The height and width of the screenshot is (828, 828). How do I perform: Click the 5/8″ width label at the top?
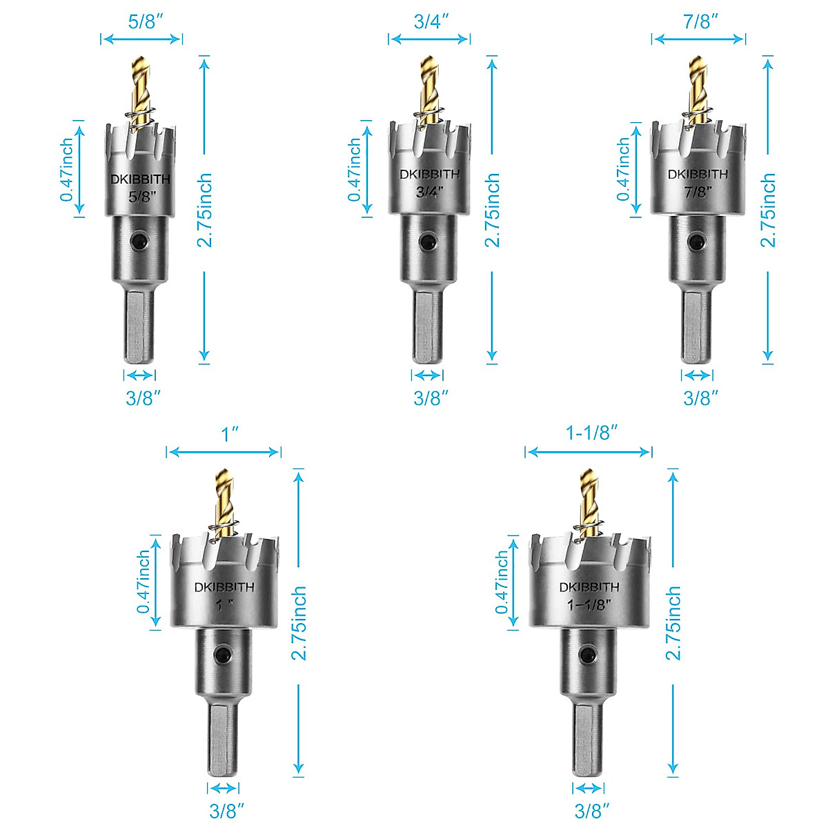[145, 21]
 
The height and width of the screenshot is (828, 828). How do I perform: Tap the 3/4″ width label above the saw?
[431, 21]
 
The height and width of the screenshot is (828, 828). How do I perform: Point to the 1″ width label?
[229, 434]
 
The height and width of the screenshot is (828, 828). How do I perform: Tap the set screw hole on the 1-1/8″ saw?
[588, 655]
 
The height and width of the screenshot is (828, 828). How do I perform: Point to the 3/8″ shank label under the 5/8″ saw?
[143, 397]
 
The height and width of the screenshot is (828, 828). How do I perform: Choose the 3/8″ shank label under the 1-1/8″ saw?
[592, 811]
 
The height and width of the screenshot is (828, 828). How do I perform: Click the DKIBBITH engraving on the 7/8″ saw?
[698, 175]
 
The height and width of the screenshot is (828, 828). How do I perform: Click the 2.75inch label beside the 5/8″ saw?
[204, 210]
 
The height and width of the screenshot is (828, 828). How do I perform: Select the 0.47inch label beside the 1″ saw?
[144, 582]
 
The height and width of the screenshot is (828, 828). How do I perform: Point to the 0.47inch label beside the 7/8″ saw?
[624, 169]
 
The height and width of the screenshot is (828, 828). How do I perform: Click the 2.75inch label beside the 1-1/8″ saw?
[673, 623]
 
